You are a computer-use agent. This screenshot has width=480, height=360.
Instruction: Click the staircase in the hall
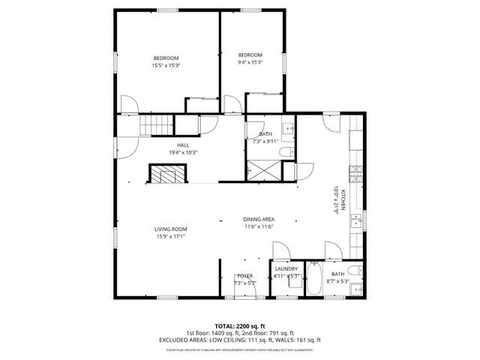point(157,124)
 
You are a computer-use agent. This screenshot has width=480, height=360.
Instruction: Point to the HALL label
point(183,145)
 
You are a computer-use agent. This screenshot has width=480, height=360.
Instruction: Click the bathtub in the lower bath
point(314,280)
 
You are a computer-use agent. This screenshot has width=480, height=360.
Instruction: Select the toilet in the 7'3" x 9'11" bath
point(286,153)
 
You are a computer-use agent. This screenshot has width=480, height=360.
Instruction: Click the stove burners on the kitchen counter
point(358,177)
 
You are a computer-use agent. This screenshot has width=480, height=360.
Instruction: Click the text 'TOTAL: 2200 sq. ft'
point(240,326)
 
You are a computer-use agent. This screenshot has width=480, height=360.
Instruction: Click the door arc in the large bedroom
point(127,104)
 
